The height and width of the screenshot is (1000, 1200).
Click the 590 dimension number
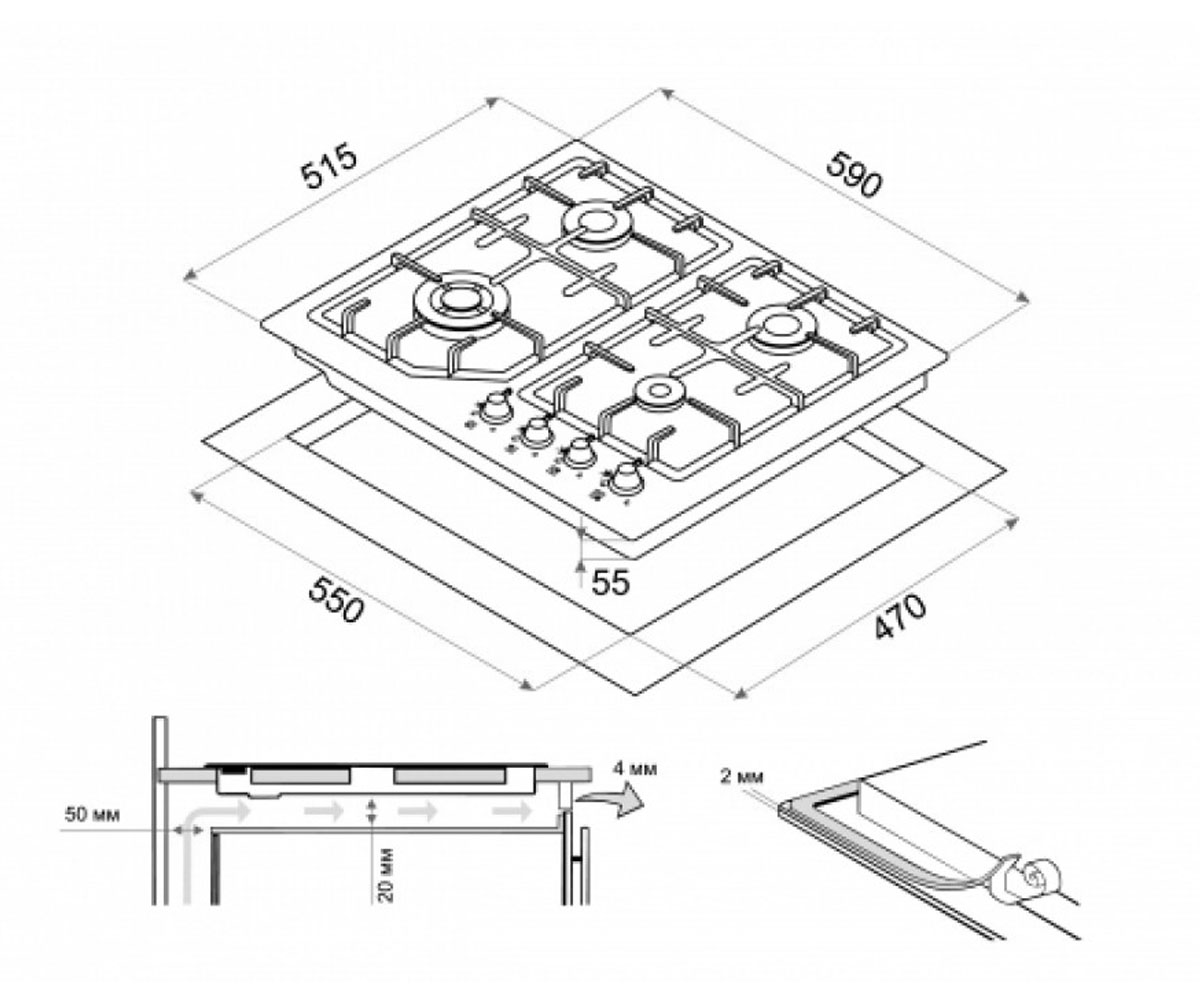click(853, 174)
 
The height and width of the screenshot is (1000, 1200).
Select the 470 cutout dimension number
click(901, 617)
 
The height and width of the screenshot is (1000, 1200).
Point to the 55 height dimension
click(610, 582)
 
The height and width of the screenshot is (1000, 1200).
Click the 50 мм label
click(92, 814)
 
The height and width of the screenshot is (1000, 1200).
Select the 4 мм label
click(633, 768)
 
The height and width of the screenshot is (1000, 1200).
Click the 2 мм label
click(742, 778)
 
